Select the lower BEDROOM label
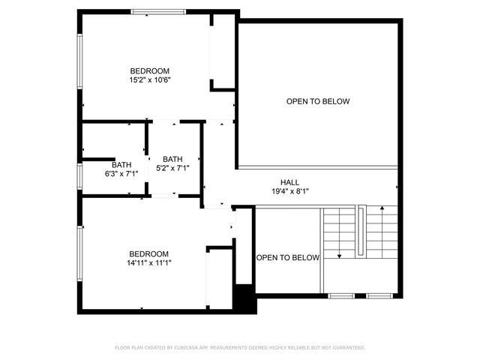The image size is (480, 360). [148, 253]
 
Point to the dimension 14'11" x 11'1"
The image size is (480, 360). [148, 263]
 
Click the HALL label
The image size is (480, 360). [289, 182]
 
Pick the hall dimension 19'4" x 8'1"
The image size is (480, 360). [289, 192]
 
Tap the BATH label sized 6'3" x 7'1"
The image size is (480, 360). [121, 164]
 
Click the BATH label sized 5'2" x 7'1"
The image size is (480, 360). [172, 159]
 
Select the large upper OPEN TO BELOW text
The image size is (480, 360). [317, 101]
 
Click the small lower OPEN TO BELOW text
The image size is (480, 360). [288, 258]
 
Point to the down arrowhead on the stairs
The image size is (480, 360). [340, 256]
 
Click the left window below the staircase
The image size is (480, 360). [341, 295]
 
